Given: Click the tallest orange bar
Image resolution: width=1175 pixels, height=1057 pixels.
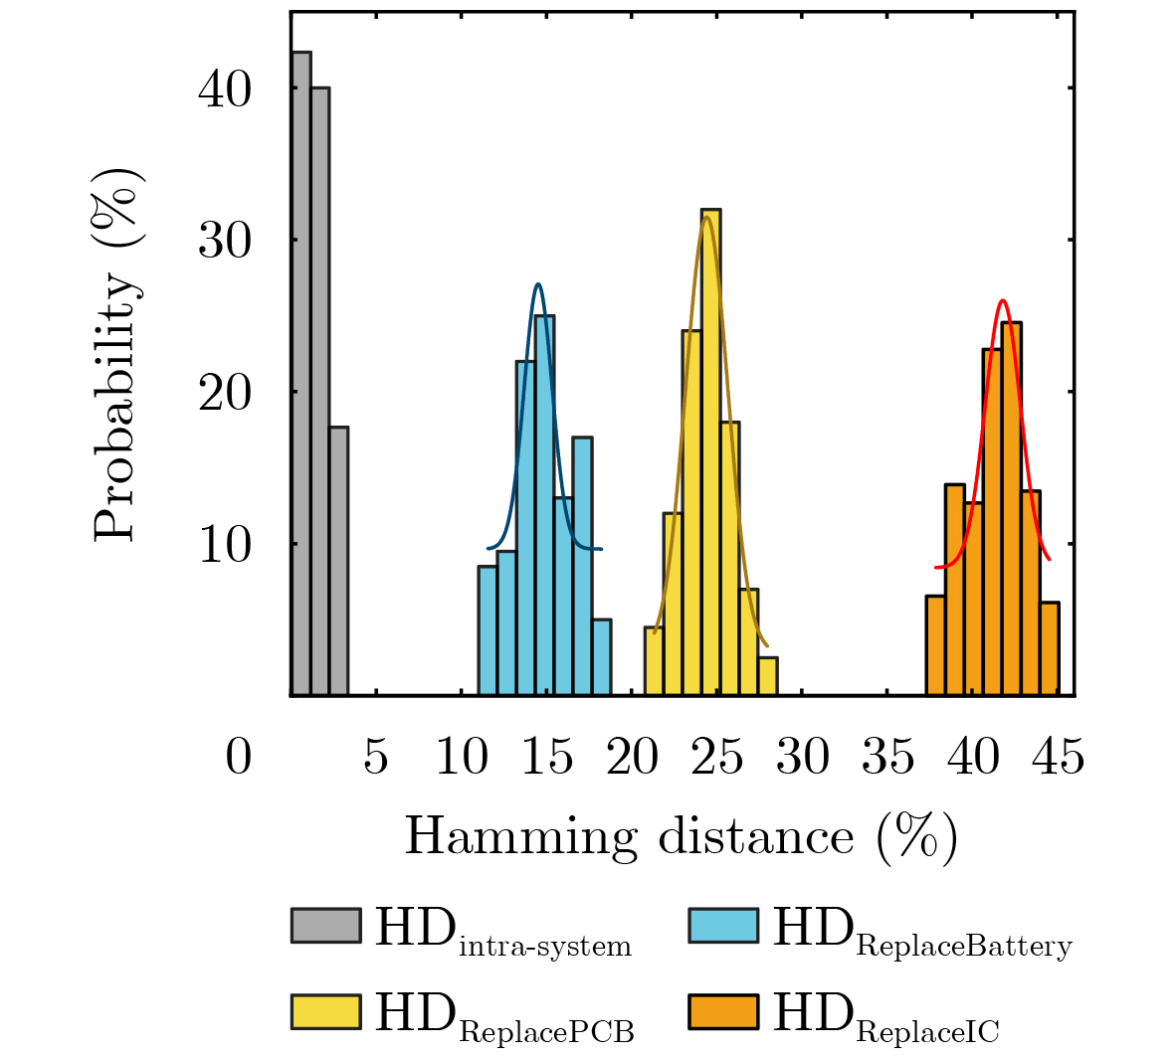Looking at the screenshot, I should click(1012, 508).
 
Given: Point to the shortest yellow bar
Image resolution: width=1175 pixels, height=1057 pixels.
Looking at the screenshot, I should click(767, 676).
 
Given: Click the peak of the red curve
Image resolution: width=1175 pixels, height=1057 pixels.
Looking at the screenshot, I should click(1003, 300).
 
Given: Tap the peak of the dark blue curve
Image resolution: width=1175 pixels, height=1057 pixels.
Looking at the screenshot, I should click(538, 284).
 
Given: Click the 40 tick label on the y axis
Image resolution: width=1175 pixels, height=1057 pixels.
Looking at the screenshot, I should click(225, 89).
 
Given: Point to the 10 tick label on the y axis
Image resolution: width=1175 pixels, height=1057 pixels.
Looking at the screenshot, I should click(225, 545).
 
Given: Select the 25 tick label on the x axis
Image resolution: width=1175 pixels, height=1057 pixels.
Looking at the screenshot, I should click(717, 758).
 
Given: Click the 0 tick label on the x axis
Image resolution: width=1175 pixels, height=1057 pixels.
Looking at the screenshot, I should click(239, 758).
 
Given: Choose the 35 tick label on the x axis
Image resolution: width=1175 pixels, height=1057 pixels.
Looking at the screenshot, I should click(887, 758).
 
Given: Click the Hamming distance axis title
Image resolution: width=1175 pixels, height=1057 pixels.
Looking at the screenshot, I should click(681, 836).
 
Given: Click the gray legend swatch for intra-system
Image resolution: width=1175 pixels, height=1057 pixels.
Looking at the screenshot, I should click(325, 925).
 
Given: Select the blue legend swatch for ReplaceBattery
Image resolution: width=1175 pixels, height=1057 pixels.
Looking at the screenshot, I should click(723, 925).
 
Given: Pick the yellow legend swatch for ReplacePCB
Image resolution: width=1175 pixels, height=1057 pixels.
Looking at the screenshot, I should click(325, 1011).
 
